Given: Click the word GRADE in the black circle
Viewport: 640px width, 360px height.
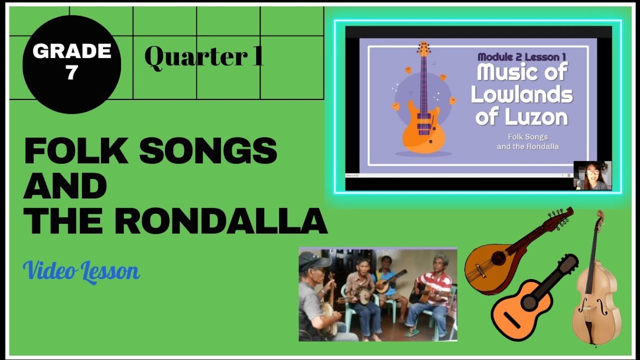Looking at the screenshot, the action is [71, 51].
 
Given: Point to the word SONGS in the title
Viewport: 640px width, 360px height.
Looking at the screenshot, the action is [208, 150].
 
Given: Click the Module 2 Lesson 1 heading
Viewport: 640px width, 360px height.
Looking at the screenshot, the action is [521, 57].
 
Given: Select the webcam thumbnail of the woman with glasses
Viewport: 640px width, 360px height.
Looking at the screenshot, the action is [592, 175].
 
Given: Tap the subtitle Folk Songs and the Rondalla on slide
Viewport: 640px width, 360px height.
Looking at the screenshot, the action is [527, 141].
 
